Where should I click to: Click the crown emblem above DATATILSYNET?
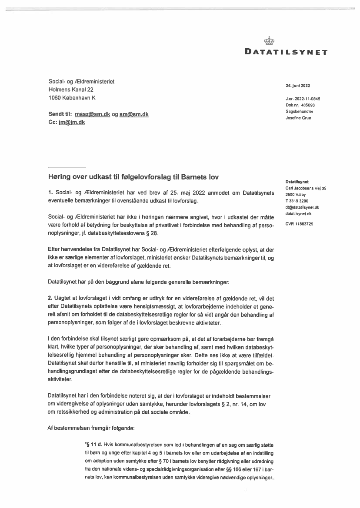coord(270,42)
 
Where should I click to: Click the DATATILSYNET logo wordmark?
coord(287,53)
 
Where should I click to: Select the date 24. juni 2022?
coord(298,86)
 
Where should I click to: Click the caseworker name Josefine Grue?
coord(298,118)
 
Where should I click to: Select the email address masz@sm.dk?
coord(92,114)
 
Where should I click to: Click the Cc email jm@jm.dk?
coord(72,123)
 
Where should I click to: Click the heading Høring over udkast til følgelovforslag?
coord(133,177)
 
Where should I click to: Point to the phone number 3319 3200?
coord(300,201)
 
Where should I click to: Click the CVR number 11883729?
coord(305,223)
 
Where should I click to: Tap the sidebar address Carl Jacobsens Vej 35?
coord(306,188)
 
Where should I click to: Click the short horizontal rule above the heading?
coord(67,168)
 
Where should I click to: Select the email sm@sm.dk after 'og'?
coord(134,114)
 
